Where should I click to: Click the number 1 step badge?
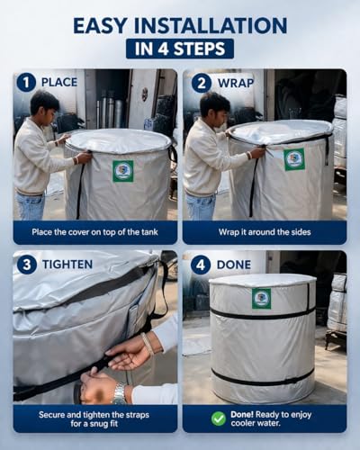[x=26, y=83]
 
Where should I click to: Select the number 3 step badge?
[x=27, y=265]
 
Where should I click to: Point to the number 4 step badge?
[x=201, y=265]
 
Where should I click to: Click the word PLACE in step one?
[x=59, y=82]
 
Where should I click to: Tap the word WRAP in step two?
[x=236, y=83]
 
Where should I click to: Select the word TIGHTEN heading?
[x=67, y=265]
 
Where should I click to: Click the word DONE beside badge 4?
[x=234, y=265]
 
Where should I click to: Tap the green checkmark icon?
[x=219, y=418]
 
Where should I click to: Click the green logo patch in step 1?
[x=123, y=171]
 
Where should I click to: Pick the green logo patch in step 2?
[x=294, y=159]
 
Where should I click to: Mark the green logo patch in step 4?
[x=261, y=299]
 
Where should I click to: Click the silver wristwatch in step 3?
[x=120, y=393]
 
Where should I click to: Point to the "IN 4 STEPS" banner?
[x=180, y=49]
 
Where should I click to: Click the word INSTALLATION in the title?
[x=211, y=25]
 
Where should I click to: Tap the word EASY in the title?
[x=100, y=25]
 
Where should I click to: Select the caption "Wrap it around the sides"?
[x=265, y=232]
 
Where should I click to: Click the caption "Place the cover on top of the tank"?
[x=94, y=232]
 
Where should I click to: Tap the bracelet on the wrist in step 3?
[x=148, y=344]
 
